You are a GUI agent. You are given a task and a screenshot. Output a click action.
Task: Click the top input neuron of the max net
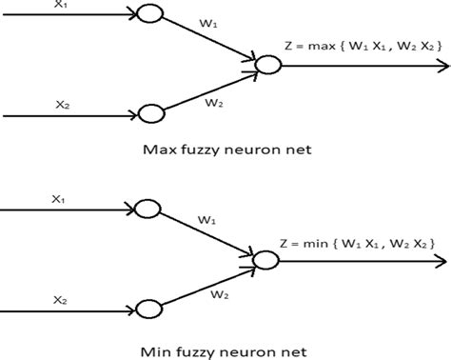(150, 15)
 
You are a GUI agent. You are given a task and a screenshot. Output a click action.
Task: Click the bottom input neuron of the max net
(150, 114)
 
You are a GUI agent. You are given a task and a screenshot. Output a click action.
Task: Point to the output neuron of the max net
(269, 65)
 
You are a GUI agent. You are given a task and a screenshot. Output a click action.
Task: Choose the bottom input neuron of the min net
(149, 310)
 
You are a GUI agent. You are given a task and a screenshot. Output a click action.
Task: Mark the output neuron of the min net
(266, 257)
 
